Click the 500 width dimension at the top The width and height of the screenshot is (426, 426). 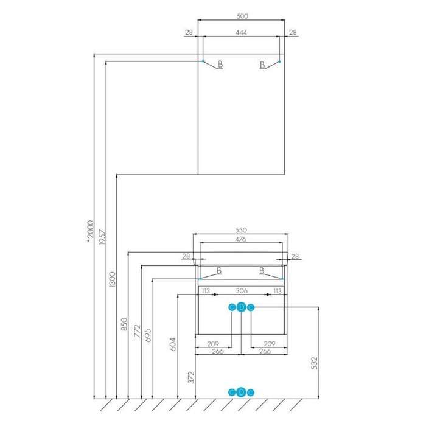pos(242,16)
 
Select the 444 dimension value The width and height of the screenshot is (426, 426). pos(241,33)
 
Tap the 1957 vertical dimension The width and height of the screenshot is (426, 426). pos(102,237)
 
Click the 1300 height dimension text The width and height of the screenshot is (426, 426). pos(112,279)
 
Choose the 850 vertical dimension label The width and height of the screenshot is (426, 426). pos(124,324)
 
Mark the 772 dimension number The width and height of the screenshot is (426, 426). pos(138,330)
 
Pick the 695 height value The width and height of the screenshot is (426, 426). pos(148,335)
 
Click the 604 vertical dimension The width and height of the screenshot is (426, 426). pos(173,344)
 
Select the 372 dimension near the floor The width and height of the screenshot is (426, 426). pos(192,377)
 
